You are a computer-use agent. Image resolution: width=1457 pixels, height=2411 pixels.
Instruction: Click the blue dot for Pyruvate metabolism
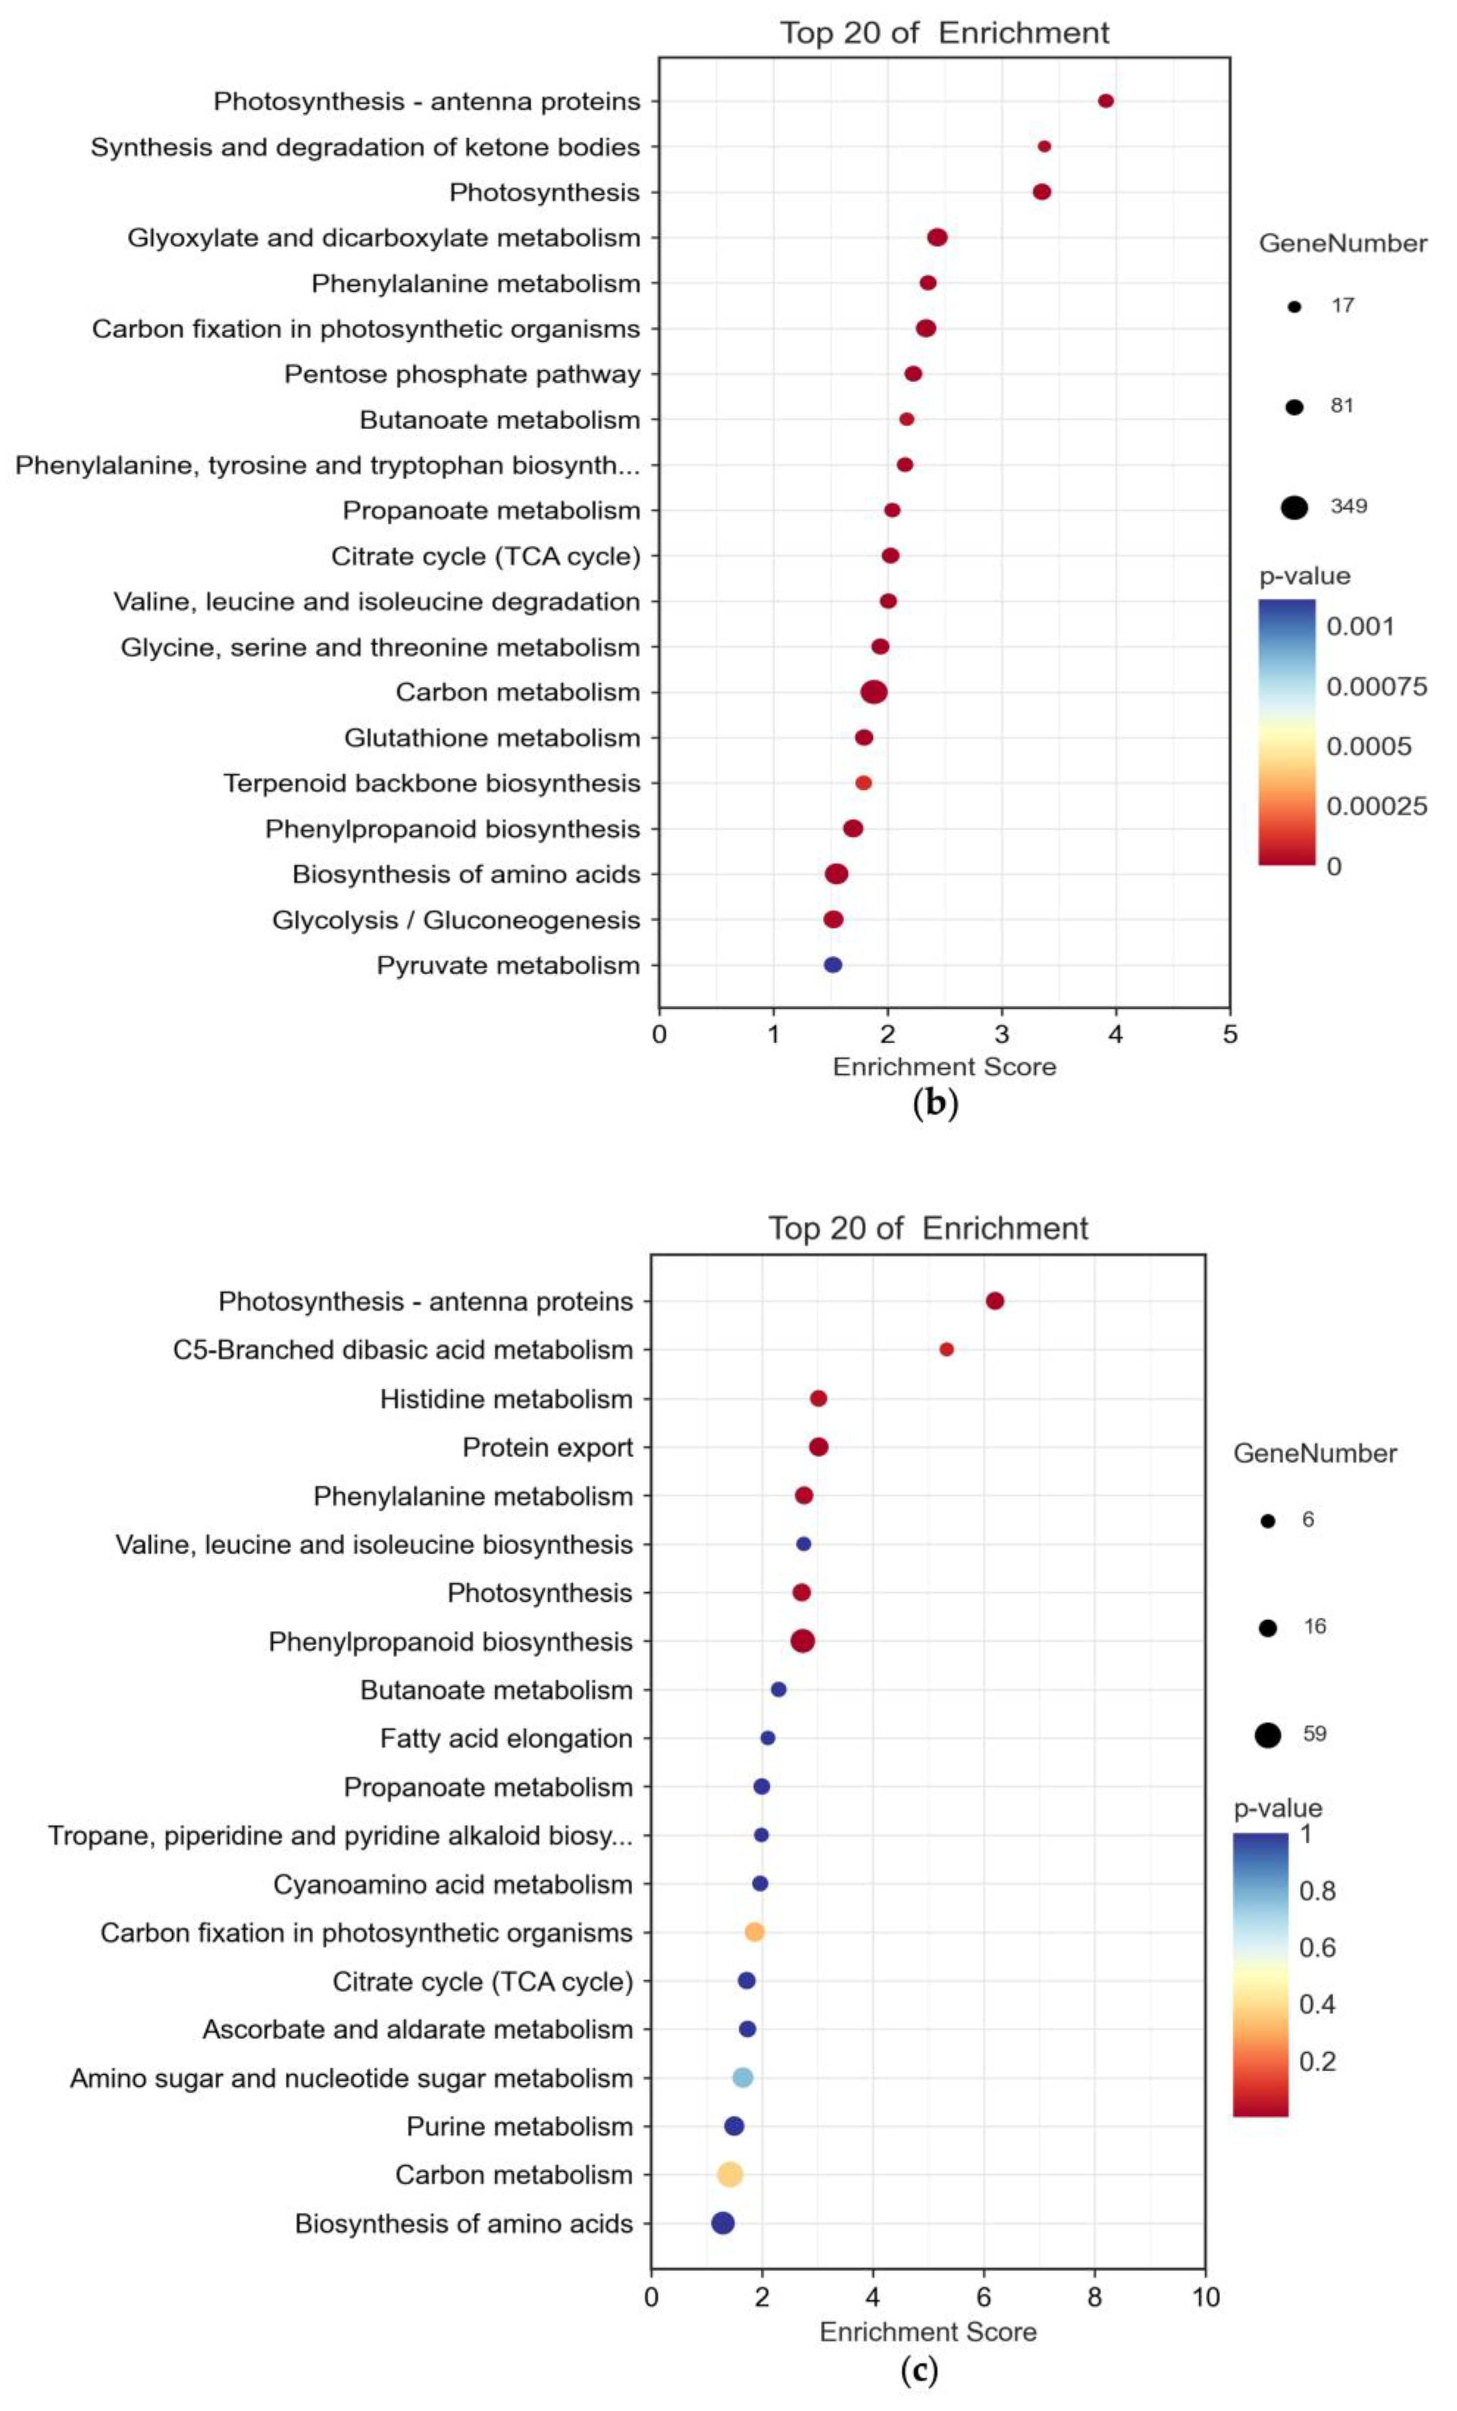pyautogui.click(x=833, y=965)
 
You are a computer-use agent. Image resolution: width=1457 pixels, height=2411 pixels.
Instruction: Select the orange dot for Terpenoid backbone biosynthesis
pyautogui.click(x=863, y=783)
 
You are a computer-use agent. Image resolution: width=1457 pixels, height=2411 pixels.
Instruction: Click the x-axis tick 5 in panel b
pyautogui.click(x=1229, y=1034)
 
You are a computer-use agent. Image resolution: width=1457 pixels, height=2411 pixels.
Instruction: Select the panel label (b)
pyautogui.click(x=934, y=1103)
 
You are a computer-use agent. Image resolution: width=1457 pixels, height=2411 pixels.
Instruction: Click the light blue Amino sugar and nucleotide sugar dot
pyautogui.click(x=742, y=2077)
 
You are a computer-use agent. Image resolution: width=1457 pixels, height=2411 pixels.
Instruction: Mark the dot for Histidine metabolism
pyautogui.click(x=818, y=1398)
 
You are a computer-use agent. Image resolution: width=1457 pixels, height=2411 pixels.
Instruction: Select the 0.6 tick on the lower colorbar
pyautogui.click(x=1316, y=1947)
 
